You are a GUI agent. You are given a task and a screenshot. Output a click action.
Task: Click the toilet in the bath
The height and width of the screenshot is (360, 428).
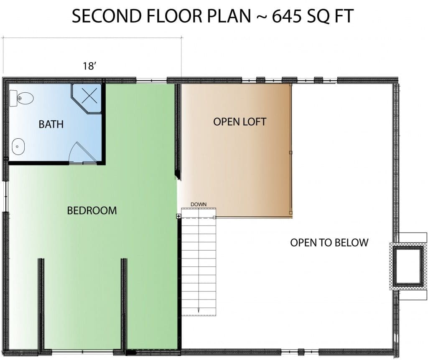(x=21, y=98)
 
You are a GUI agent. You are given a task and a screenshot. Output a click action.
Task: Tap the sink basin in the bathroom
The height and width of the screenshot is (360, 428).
(x=18, y=147)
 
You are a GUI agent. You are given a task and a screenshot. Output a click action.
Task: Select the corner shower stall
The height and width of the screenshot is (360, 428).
(x=87, y=99)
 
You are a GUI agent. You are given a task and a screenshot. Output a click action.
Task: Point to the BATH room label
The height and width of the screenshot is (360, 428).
(x=51, y=124)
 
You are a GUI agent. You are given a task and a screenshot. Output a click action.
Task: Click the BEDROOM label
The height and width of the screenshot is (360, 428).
(x=92, y=210)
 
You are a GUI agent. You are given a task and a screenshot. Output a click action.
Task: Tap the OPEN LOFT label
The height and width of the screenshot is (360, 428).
(x=239, y=122)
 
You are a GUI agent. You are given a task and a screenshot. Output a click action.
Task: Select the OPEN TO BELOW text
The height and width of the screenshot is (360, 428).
(x=329, y=243)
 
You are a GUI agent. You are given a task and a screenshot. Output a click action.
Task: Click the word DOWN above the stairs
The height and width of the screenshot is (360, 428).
(x=199, y=204)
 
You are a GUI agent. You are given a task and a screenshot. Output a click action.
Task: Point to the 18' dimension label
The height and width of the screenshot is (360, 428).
(x=90, y=66)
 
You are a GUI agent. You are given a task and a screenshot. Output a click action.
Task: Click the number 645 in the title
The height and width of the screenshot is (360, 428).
(x=287, y=16)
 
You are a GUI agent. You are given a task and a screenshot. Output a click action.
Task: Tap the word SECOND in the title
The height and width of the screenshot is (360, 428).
(x=107, y=16)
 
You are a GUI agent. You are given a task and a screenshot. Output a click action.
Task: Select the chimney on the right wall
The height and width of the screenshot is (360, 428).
(x=408, y=266)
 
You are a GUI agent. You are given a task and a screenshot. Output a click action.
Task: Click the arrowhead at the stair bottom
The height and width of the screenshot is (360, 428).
(x=199, y=311)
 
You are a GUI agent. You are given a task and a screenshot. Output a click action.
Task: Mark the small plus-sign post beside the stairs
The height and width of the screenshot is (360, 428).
(x=178, y=216)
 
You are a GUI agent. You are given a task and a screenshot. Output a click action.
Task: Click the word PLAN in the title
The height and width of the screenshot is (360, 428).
(x=229, y=16)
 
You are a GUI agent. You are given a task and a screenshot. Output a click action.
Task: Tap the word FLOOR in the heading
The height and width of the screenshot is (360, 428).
(x=175, y=16)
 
